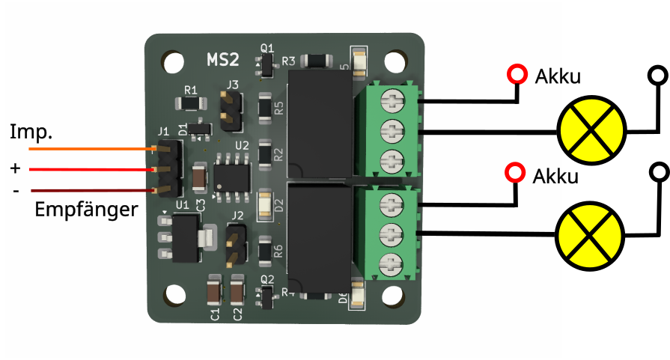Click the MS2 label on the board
tap(223, 59)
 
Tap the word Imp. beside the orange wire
tap(31, 132)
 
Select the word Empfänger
tap(86, 210)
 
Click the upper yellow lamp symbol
tap(591, 129)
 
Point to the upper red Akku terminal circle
tap(516, 74)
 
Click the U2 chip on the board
tap(231, 174)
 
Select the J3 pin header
tap(231, 110)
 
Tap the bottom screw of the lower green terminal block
tap(394, 263)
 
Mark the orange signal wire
tap(90, 148)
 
